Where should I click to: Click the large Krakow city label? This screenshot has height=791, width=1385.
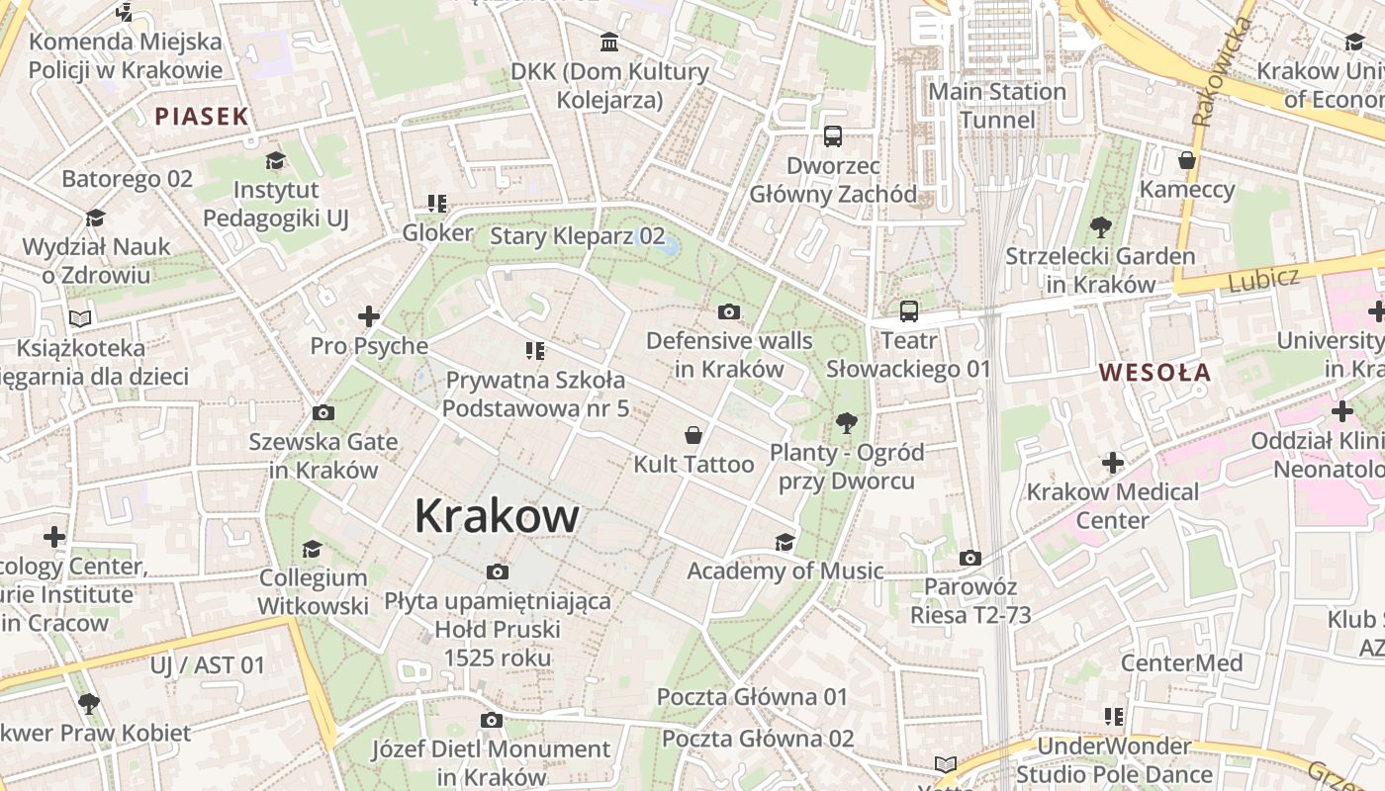click(497, 516)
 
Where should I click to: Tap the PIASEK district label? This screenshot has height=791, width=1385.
click(202, 117)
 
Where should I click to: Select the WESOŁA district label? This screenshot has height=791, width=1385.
click(1154, 373)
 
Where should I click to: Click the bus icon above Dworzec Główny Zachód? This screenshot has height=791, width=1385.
click(833, 136)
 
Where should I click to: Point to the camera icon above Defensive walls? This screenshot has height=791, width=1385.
click(729, 312)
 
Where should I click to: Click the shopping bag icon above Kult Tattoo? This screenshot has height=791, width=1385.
click(693, 435)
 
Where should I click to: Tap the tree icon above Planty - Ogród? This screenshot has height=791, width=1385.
click(846, 424)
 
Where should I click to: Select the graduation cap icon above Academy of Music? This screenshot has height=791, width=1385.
click(785, 542)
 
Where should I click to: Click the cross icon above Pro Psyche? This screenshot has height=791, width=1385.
click(369, 316)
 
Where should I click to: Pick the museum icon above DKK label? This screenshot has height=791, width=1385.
click(610, 43)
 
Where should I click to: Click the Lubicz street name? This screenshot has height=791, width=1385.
click(1263, 280)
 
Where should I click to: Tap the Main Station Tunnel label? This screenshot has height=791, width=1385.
click(997, 106)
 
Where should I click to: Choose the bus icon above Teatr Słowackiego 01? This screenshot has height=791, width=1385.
click(908, 311)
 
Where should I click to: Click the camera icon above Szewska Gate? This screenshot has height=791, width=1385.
click(323, 412)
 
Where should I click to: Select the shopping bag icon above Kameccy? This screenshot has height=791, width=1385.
click(1187, 160)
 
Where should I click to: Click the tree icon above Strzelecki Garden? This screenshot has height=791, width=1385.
click(1100, 227)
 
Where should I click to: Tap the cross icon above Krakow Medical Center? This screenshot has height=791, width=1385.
click(1113, 463)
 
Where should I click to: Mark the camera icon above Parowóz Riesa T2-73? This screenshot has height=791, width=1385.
click(970, 558)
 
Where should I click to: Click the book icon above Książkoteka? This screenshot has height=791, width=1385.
click(80, 318)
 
